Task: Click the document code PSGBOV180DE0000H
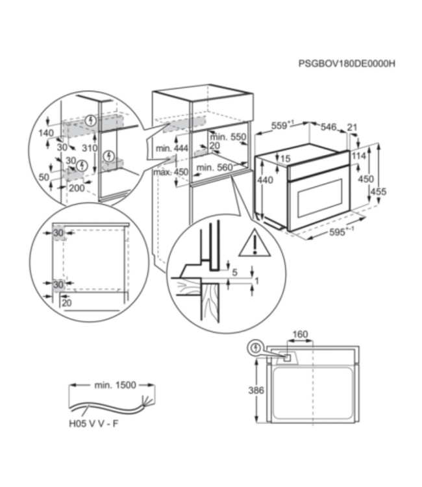346,64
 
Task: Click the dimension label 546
329,127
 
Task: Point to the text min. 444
171,149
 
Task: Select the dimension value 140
45,133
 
